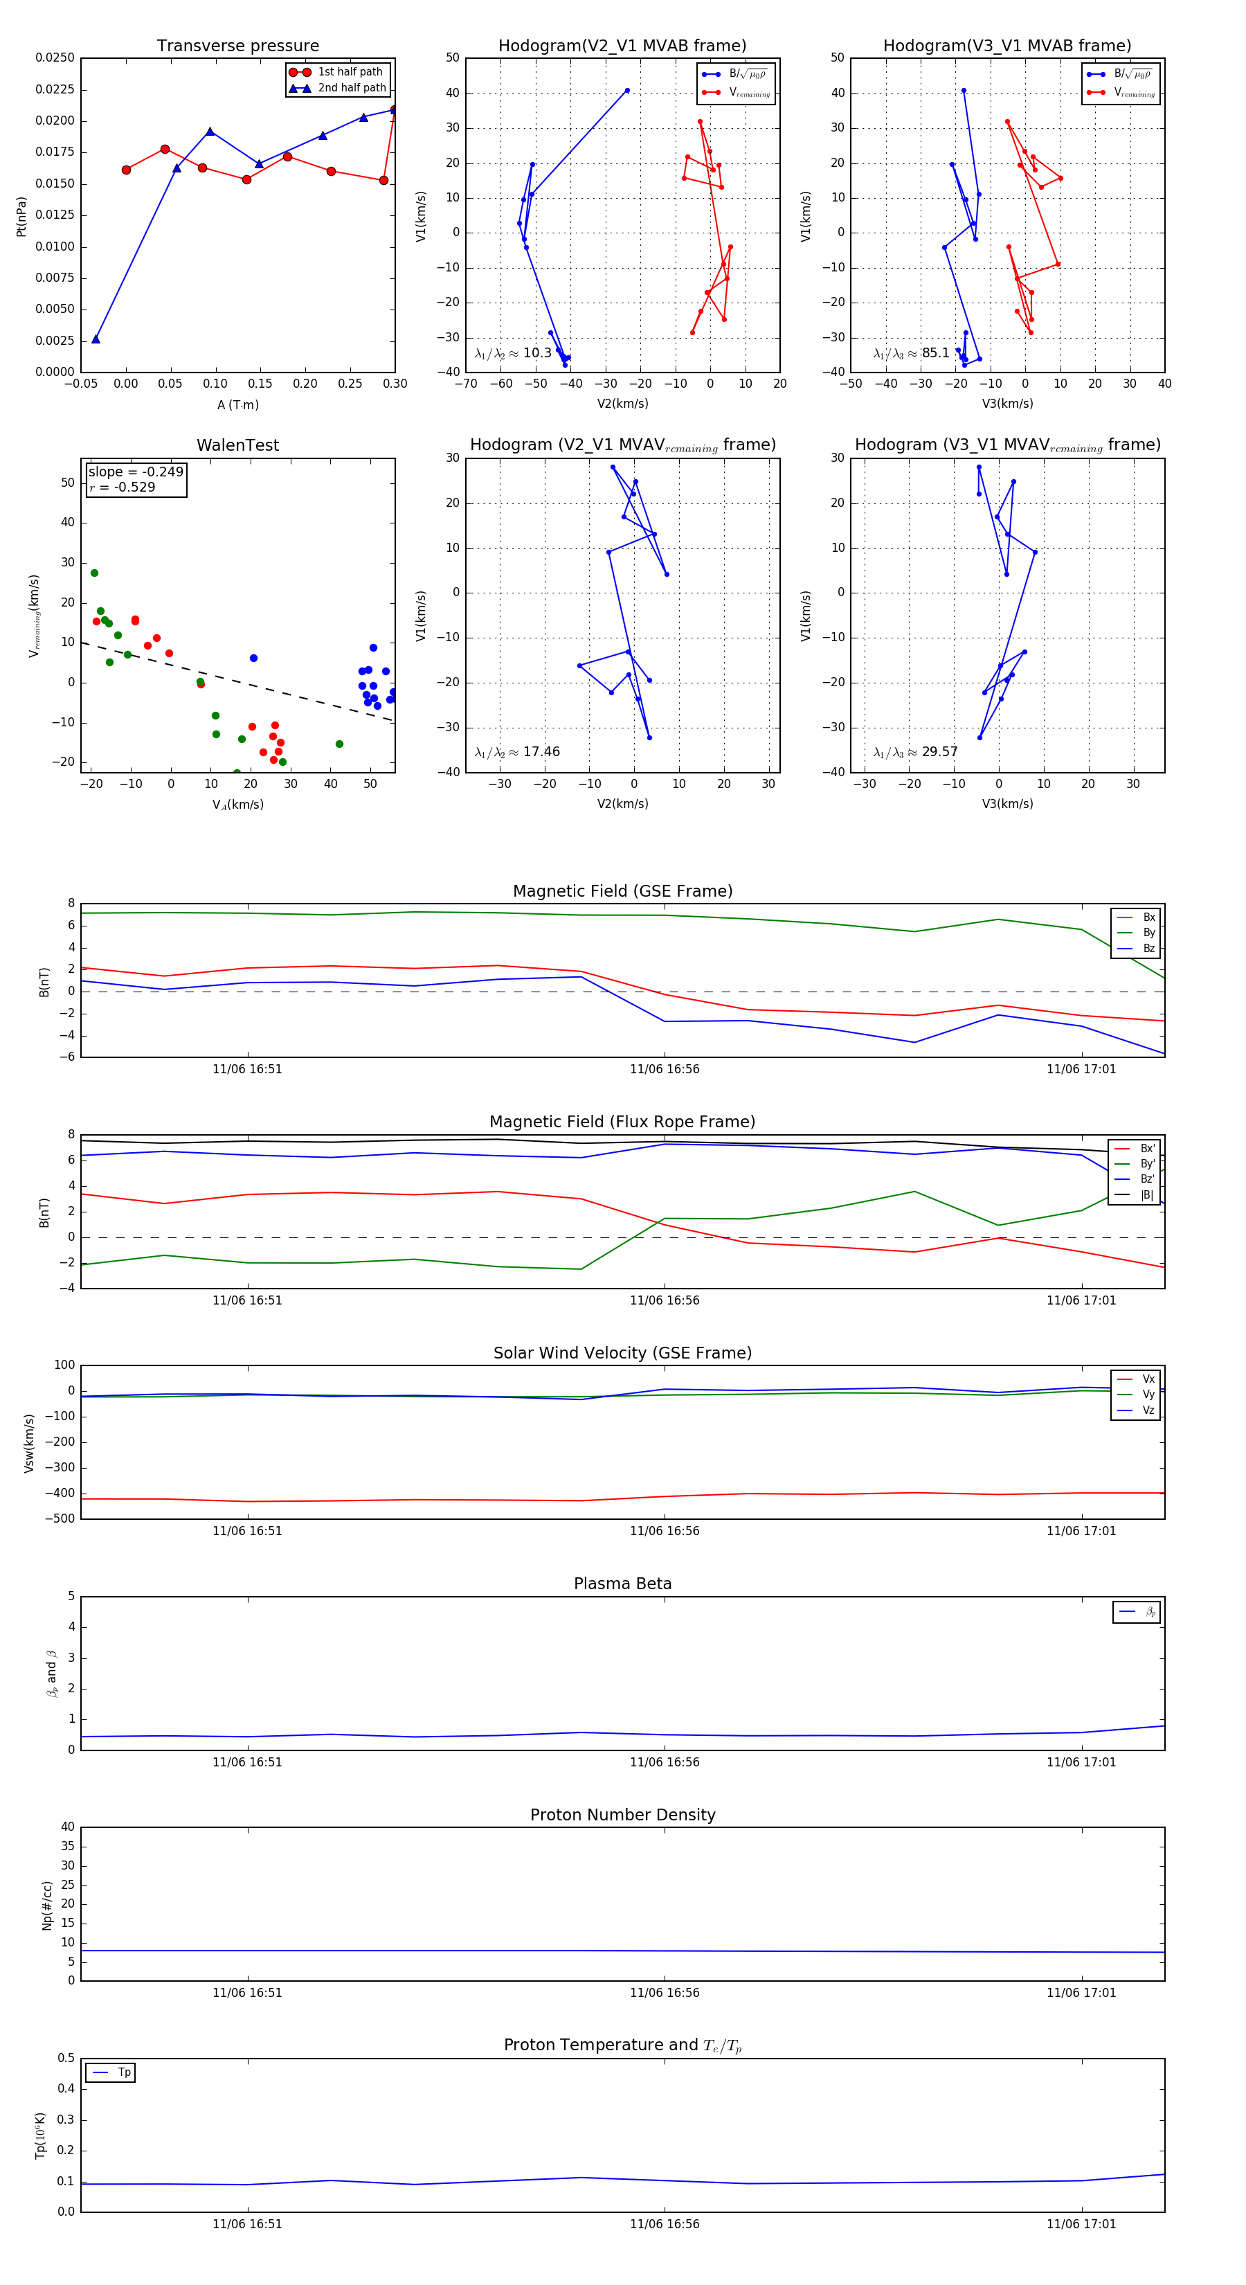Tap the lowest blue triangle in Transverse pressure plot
coord(96,339)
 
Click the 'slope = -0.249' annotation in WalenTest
coord(136,472)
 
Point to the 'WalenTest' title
coord(237,445)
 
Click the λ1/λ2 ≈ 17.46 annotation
coord(517,752)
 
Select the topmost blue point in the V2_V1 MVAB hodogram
coord(627,91)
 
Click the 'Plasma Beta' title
coord(622,1584)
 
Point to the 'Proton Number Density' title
coord(622,1814)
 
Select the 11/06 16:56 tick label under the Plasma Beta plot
coord(665,1762)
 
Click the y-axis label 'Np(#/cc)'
coord(47,1906)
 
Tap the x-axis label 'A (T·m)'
coord(237,404)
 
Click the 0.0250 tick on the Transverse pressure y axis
coord(54,57)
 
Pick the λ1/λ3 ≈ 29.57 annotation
coord(915,752)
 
